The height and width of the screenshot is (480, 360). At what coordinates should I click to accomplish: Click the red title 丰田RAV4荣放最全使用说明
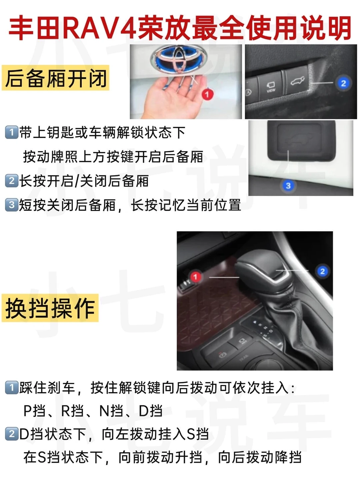click(x=180, y=28)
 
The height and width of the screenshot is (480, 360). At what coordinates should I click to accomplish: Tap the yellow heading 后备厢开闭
click(x=56, y=78)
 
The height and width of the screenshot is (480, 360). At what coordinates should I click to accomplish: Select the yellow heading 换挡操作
click(x=50, y=308)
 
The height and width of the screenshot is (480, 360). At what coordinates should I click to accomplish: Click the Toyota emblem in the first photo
click(x=179, y=58)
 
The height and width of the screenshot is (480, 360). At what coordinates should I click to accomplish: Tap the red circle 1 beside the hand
click(x=207, y=94)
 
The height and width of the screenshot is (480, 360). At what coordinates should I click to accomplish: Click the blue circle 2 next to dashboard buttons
click(x=343, y=83)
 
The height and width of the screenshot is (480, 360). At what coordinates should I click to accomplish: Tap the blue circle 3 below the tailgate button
click(x=288, y=186)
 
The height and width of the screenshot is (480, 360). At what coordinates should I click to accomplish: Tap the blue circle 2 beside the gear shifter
click(x=322, y=271)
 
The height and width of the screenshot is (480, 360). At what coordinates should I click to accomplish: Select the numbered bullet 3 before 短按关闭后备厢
click(x=12, y=205)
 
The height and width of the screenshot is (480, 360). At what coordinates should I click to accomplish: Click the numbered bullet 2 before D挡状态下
click(x=12, y=434)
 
